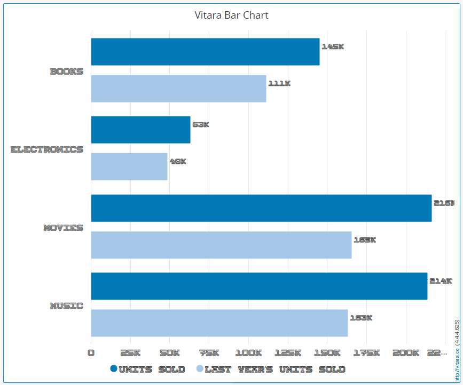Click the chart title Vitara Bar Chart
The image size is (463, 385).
tap(231, 15)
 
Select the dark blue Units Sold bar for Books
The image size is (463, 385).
tap(205, 52)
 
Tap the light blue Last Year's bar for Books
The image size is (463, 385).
tap(178, 89)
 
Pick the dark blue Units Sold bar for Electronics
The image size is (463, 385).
tap(140, 130)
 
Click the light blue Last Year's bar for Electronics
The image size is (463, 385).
tap(129, 167)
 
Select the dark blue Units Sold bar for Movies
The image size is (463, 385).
tap(261, 208)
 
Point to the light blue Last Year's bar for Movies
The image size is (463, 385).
tap(221, 245)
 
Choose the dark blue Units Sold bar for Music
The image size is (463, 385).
tap(259, 286)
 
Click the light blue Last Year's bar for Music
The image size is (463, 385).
tap(219, 323)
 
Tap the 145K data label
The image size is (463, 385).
tap(333, 47)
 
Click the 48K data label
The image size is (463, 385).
tap(178, 161)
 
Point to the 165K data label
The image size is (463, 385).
tap(365, 240)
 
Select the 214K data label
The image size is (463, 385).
tap(441, 281)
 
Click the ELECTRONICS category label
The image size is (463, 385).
tap(47, 150)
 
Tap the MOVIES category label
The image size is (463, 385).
tap(63, 228)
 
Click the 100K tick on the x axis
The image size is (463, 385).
tap(248, 353)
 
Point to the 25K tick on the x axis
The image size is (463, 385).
tap(130, 353)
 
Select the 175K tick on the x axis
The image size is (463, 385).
tap(367, 353)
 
